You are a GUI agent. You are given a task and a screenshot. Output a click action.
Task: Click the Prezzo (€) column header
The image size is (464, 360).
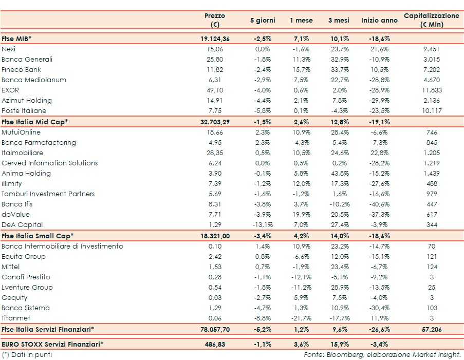coord(215,20)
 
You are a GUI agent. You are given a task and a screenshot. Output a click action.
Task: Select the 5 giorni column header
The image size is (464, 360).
coord(263,21)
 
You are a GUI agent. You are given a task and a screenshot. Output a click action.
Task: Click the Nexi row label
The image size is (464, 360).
coord(9,49)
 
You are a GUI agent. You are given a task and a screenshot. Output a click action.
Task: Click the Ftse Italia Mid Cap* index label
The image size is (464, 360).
coord(35,122)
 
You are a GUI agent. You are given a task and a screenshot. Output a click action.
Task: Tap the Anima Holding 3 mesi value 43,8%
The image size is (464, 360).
coord(339,173)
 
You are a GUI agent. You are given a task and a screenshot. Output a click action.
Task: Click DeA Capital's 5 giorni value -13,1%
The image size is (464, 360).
coord(262,224)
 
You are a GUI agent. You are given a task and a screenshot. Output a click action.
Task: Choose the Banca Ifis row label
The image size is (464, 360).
coord(17,204)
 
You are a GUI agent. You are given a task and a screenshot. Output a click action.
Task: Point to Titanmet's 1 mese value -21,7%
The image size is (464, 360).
coord(300,318)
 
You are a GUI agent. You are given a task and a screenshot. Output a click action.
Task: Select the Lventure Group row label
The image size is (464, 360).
coord(27,287)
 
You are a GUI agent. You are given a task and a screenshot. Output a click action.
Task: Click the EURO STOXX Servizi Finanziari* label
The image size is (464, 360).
coord(52,343)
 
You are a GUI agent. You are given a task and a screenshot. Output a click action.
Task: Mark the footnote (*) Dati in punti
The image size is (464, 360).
coord(27,354)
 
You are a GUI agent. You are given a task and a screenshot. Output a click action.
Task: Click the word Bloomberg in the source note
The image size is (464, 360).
coord(342,354)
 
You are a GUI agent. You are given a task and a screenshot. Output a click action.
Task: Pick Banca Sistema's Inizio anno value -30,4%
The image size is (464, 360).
coord(379,308)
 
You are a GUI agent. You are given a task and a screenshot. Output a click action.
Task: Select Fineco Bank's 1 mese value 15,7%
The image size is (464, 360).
coord(301,69)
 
